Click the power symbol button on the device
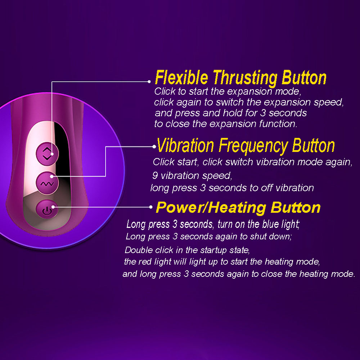pos(47,209)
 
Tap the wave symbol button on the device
pos(47,183)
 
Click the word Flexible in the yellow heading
pos(181,78)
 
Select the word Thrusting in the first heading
pos(245,78)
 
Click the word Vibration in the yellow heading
pos(185,145)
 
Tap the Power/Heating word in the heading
pos(211,208)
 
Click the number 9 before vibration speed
pos(155,175)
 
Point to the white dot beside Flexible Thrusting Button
pos(149,81)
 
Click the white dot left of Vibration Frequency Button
pos(154,147)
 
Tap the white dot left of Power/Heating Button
pos(150,207)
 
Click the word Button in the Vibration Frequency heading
pos(313,145)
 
